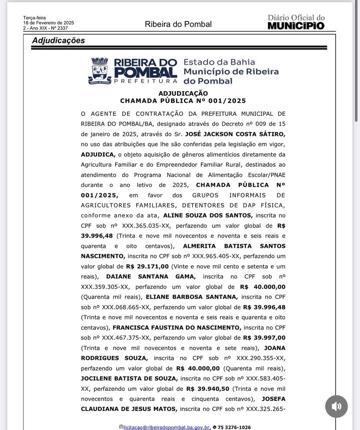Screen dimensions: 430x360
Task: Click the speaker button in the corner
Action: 336,406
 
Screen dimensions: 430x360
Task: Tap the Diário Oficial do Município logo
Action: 296,22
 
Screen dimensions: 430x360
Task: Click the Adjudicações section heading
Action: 58,40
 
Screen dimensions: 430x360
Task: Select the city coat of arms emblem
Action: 100,71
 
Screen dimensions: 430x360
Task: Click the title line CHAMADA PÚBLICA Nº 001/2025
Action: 183,101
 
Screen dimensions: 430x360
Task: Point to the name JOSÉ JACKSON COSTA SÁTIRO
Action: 235,134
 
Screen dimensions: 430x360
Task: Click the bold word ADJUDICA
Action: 98,155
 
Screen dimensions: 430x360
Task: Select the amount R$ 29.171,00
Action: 147,266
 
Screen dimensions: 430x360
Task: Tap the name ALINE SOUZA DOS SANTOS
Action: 207,215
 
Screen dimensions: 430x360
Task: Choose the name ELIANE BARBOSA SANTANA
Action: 192,297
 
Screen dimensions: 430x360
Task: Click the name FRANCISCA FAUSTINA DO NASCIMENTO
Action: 177,327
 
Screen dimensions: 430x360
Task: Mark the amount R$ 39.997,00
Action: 264,338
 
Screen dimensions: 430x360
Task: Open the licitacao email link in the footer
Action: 167,427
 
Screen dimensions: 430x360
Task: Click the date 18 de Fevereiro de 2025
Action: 49,23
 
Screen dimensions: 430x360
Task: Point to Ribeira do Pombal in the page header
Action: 178,24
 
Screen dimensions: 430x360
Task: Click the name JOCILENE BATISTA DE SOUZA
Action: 129,379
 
